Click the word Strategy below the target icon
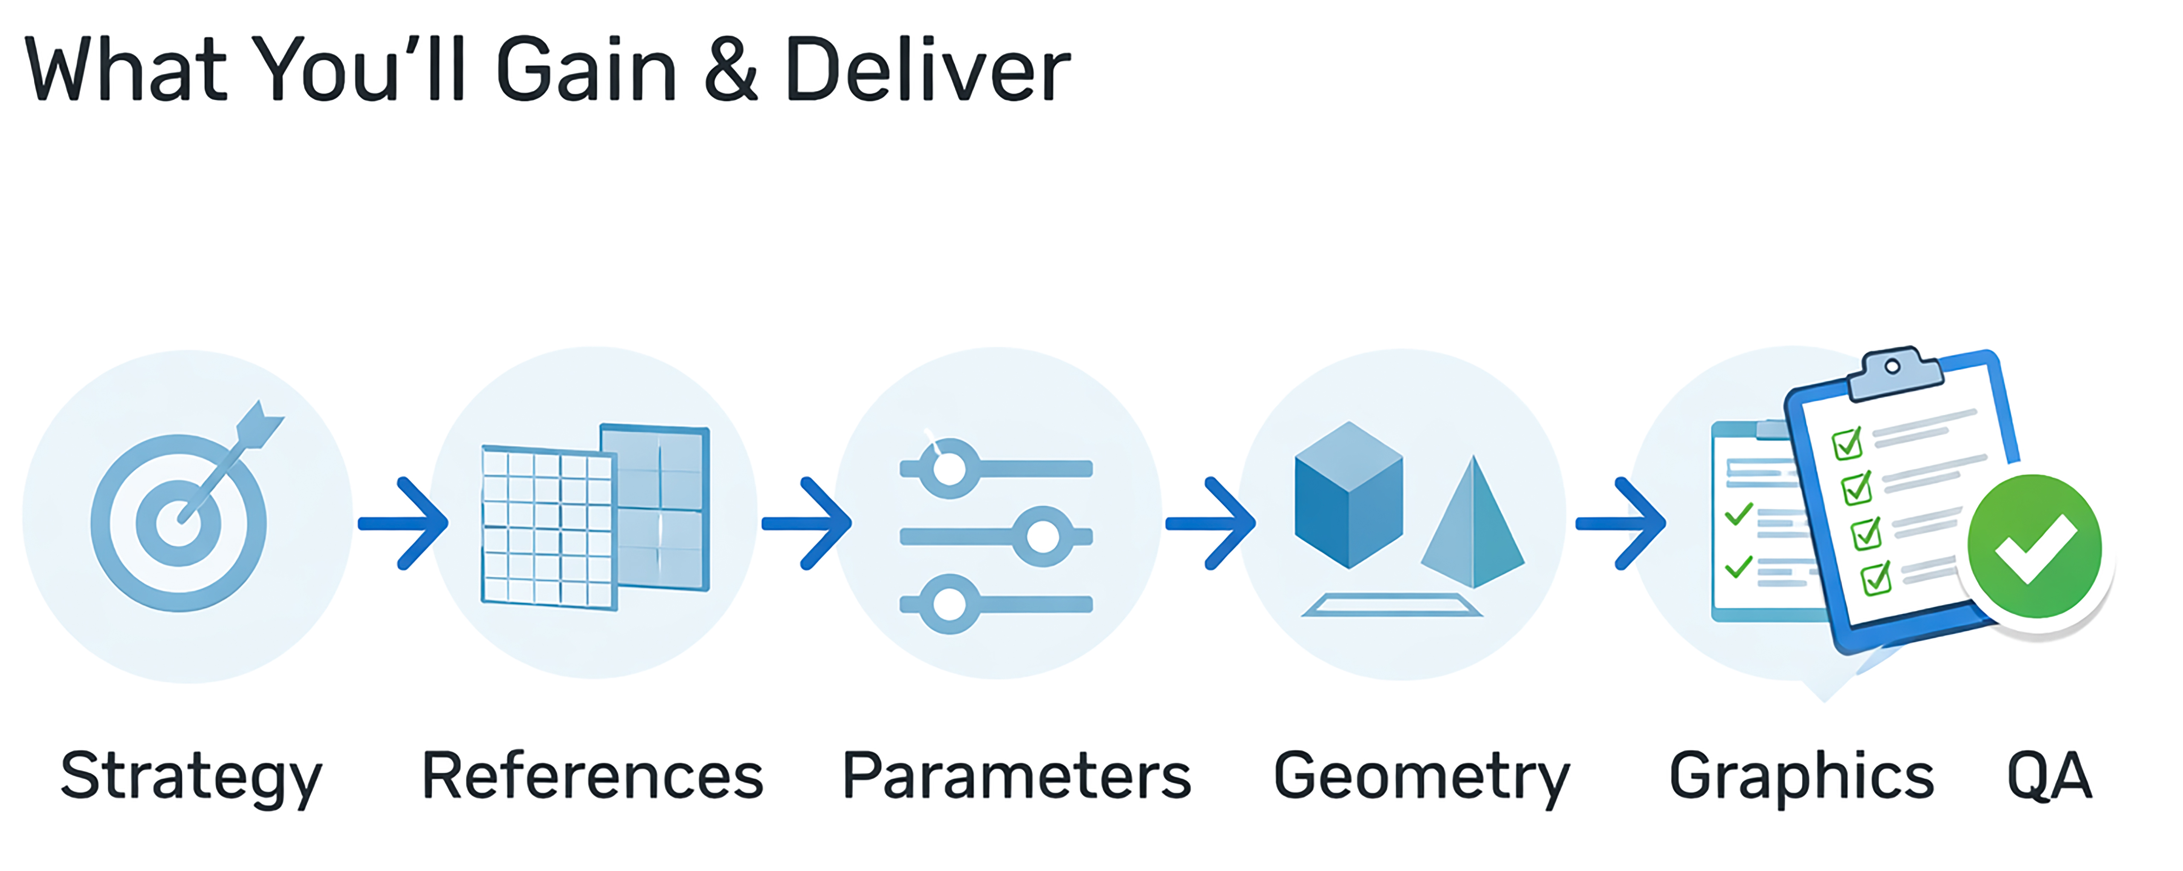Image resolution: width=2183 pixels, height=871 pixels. point(191,776)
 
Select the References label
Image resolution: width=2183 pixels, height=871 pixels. point(592,776)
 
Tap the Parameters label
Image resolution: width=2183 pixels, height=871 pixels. point(1016,776)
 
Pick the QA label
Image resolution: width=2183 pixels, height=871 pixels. point(2049,776)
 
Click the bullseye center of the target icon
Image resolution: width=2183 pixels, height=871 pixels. point(179,523)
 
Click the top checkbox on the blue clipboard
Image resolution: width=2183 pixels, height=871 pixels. point(1847,443)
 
